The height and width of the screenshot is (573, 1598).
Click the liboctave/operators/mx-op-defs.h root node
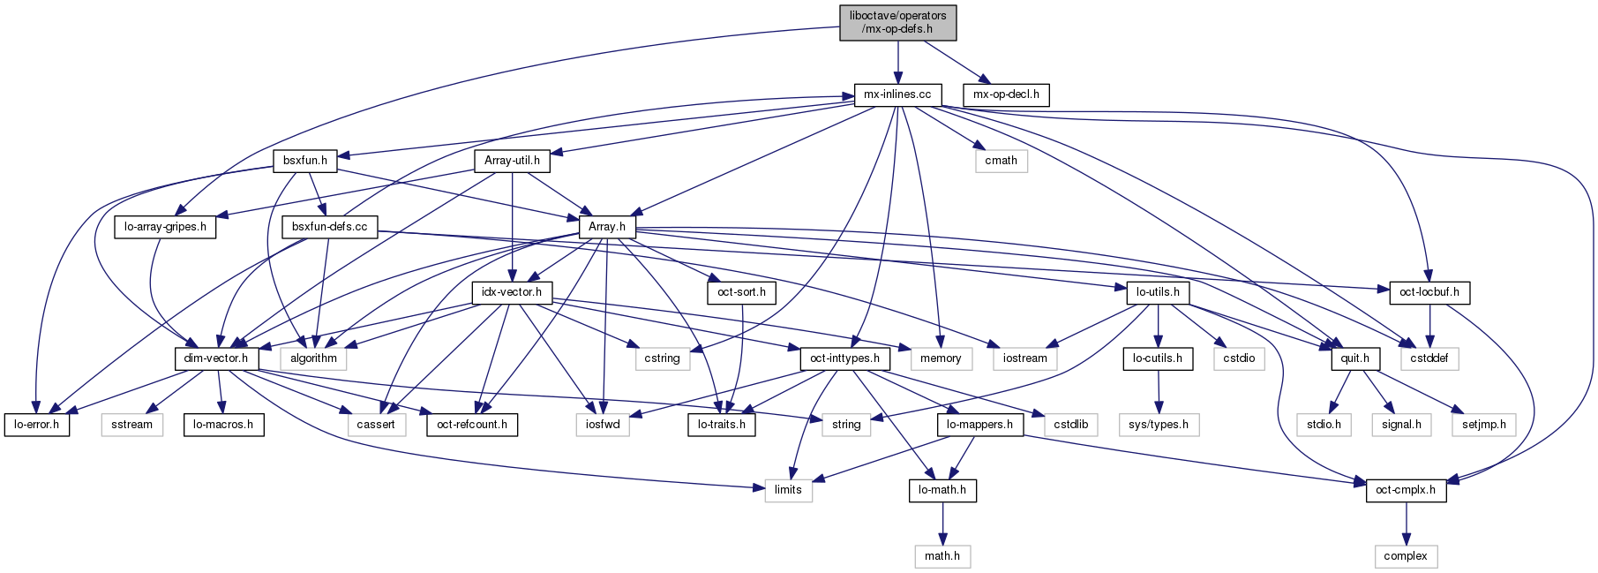pyautogui.click(x=897, y=22)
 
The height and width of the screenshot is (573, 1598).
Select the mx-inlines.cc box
pyautogui.click(x=897, y=94)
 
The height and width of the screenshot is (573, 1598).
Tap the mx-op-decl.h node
pyautogui.click(x=1006, y=94)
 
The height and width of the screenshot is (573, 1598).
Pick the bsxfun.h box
pyautogui.click(x=305, y=161)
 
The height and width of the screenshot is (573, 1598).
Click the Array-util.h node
pyautogui.click(x=512, y=161)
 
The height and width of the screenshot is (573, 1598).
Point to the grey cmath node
pyautogui.click(x=1001, y=161)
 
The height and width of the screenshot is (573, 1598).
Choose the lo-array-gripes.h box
pyautogui.click(x=165, y=227)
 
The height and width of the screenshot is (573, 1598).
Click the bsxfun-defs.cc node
pyautogui.click(x=329, y=227)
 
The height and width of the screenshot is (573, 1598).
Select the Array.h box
pyautogui.click(x=607, y=227)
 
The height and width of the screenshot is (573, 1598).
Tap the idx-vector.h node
pyautogui.click(x=512, y=292)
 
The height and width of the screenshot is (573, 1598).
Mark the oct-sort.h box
pyautogui.click(x=741, y=292)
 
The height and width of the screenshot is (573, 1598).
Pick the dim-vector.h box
pyautogui.click(x=216, y=358)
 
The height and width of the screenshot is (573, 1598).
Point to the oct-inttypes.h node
pyautogui.click(x=844, y=358)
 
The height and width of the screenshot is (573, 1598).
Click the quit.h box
pyautogui.click(x=1354, y=358)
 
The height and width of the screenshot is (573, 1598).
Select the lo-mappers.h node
pyautogui.click(x=979, y=425)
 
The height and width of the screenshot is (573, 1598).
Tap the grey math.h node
pyautogui.click(x=942, y=556)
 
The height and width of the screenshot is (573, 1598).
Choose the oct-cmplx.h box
pyautogui.click(x=1406, y=490)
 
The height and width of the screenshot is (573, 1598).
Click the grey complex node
pyautogui.click(x=1406, y=556)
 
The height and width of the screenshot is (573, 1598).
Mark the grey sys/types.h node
pyautogui.click(x=1159, y=425)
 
